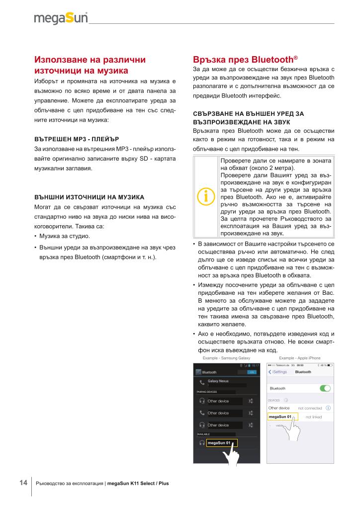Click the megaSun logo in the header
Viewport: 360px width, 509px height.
[61, 18]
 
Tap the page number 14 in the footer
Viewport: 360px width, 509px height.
[23, 483]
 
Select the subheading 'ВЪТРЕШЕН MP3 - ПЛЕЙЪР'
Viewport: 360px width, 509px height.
[76, 138]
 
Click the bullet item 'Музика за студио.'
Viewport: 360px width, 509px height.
[64, 236]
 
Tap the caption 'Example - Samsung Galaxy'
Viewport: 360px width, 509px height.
[226, 358]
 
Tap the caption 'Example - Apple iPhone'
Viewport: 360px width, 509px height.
[300, 358]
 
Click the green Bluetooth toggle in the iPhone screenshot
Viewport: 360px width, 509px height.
[326, 388]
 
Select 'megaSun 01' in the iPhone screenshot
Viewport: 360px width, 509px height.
[280, 417]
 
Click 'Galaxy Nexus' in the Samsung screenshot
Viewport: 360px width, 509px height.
[218, 381]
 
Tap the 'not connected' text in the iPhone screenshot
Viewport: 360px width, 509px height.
[310, 408]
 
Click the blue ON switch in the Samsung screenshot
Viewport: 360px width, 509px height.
[252, 372]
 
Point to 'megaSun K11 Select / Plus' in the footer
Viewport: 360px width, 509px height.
[138, 483]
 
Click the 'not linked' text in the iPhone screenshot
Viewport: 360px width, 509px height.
[314, 417]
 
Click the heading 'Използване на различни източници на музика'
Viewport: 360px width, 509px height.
[90, 65]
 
